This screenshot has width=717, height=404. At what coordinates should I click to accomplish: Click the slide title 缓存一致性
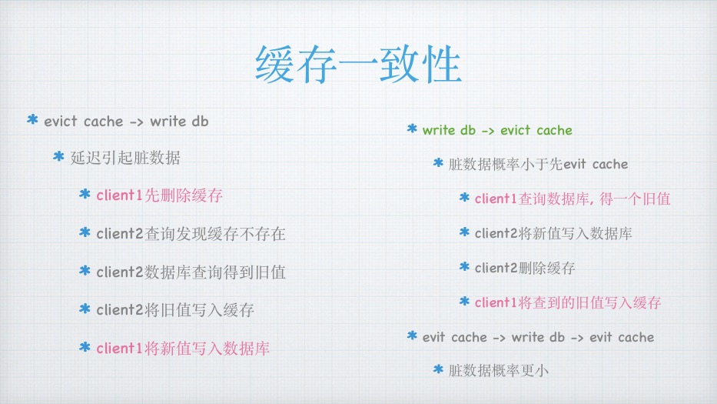(x=358, y=65)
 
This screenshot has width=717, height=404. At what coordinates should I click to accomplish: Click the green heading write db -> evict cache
(x=497, y=131)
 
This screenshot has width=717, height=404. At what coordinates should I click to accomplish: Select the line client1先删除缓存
(x=159, y=195)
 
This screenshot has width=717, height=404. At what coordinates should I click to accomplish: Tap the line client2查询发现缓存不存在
(x=191, y=234)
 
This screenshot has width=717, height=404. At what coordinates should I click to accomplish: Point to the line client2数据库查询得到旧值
(x=191, y=272)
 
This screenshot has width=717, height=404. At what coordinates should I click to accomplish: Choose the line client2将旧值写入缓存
(x=175, y=310)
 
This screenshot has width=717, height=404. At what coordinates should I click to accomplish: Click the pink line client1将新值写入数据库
(x=183, y=349)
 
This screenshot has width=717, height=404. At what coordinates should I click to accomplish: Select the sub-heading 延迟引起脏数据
(x=125, y=158)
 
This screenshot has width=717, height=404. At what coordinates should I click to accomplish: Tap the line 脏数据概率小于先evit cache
(x=538, y=164)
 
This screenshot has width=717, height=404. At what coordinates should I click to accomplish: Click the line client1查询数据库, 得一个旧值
(x=573, y=199)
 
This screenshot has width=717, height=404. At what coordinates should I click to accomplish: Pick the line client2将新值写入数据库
(x=553, y=234)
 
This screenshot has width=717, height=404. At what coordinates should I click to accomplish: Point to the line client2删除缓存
(x=524, y=268)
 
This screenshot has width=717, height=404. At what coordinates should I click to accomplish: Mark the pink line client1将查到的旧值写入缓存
(x=568, y=302)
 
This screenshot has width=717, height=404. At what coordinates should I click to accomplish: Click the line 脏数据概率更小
(x=499, y=370)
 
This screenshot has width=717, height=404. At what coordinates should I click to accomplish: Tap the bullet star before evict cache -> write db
(x=32, y=120)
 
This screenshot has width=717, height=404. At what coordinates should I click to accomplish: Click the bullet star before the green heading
(x=412, y=129)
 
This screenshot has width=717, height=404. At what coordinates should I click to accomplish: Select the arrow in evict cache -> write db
(x=136, y=122)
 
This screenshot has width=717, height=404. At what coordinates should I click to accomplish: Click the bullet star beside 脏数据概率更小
(x=438, y=369)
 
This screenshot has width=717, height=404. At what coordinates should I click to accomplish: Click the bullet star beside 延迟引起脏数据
(x=58, y=157)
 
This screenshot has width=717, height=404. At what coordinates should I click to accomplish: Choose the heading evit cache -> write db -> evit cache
(x=538, y=338)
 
